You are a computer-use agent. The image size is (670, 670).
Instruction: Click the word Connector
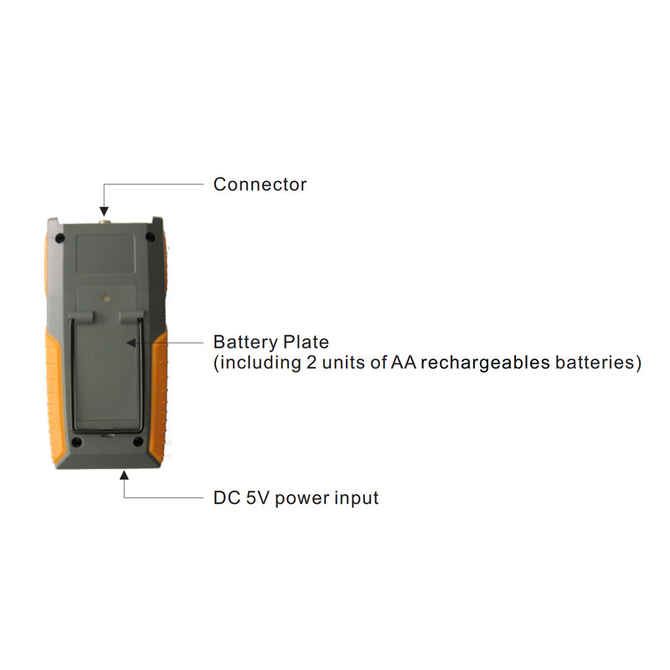point(260,184)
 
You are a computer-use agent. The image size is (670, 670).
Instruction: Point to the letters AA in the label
point(404,363)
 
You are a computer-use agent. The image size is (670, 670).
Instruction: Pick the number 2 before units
point(311,363)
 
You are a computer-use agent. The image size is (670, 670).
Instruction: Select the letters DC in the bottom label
point(227,497)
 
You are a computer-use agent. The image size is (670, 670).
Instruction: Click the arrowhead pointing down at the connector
point(104,211)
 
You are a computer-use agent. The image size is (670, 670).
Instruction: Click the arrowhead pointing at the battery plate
point(131,343)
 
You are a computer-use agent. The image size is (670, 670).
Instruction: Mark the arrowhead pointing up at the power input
point(124,475)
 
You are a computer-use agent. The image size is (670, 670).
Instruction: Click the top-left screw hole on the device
point(59,238)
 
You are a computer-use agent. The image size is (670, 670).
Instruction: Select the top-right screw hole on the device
point(150,237)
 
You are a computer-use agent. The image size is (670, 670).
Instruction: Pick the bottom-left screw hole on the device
point(76,442)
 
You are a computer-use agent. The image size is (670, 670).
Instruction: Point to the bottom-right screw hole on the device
point(138,441)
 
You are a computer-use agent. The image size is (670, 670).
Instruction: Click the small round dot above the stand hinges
point(106,298)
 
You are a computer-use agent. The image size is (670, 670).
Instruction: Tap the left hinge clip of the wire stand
point(80,317)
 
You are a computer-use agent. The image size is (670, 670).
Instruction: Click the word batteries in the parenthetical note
point(598,363)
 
